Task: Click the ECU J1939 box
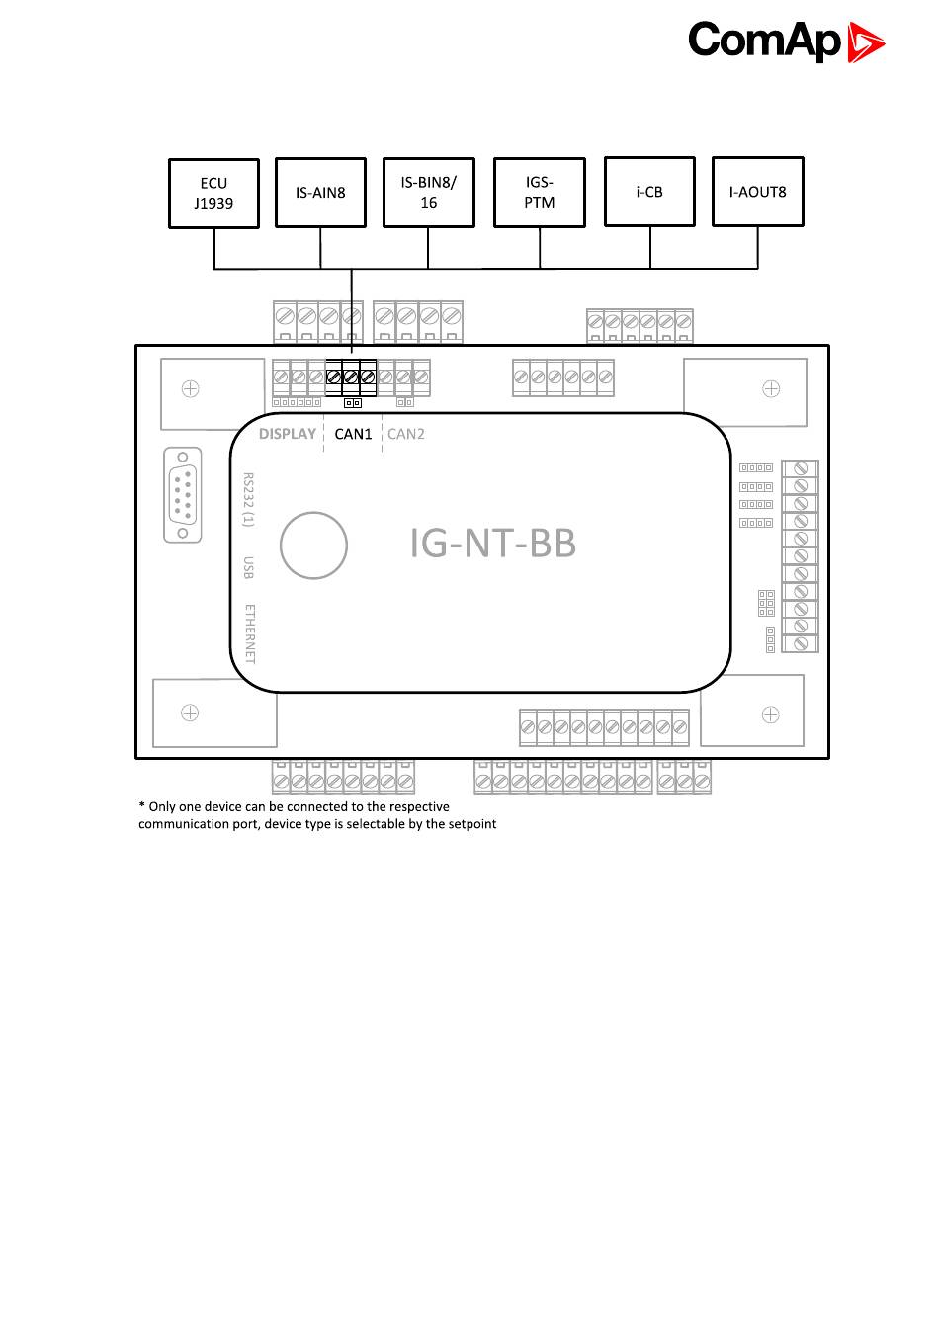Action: (213, 194)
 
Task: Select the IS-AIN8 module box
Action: (320, 193)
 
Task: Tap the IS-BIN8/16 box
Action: (428, 193)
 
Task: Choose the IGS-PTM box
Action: (539, 193)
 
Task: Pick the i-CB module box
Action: (649, 192)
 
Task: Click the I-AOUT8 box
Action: (757, 192)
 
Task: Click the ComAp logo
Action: (786, 42)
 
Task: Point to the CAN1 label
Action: (353, 434)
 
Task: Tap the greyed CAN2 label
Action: (406, 434)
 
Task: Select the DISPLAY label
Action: (288, 434)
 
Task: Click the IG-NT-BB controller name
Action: (492, 544)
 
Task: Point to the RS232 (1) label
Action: (249, 499)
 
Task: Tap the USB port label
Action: (249, 567)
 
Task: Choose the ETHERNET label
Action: (249, 633)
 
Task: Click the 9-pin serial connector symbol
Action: (183, 494)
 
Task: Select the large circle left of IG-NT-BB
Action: (313, 545)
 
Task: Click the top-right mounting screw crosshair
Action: (771, 389)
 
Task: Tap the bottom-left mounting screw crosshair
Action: (190, 713)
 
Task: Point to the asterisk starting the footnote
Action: (142, 806)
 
